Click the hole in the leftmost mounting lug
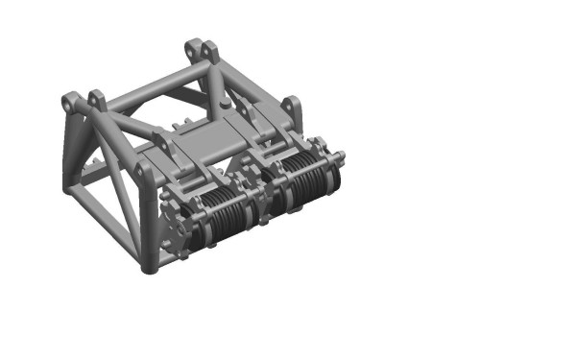click(70, 100)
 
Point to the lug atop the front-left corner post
click(145, 173)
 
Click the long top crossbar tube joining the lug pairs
click(154, 86)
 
